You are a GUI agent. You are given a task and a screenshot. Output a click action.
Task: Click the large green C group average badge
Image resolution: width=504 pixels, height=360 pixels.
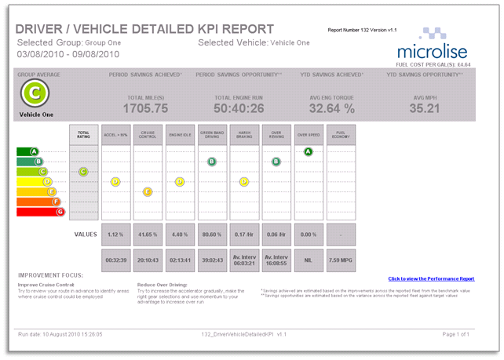(x=34, y=93)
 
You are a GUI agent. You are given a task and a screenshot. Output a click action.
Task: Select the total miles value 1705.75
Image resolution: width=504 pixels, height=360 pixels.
(x=146, y=108)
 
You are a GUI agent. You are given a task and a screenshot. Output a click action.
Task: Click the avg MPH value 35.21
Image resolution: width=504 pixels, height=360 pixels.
(x=425, y=108)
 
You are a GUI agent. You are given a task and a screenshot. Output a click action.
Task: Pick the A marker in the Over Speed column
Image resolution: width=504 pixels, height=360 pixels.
(x=309, y=151)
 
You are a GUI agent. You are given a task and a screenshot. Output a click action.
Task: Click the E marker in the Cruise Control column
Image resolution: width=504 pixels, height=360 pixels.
(x=148, y=191)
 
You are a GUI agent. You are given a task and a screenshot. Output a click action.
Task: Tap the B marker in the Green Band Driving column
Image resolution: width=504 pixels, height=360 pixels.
(x=211, y=162)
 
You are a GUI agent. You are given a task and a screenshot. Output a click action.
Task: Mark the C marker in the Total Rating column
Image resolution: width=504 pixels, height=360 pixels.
(x=83, y=171)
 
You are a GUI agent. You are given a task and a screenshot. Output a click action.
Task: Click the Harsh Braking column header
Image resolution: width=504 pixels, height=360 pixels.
(x=243, y=134)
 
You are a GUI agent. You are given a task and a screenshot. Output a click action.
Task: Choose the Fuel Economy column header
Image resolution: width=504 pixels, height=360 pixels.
(x=341, y=134)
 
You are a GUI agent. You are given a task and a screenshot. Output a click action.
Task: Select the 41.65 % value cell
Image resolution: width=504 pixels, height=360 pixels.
(x=148, y=234)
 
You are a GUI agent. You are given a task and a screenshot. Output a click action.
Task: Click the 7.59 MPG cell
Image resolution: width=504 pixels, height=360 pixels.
(x=341, y=260)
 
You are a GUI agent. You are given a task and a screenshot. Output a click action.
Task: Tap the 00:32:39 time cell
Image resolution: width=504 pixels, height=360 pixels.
(x=115, y=260)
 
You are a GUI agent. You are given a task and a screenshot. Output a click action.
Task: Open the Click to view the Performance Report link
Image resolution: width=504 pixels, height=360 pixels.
(x=431, y=278)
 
